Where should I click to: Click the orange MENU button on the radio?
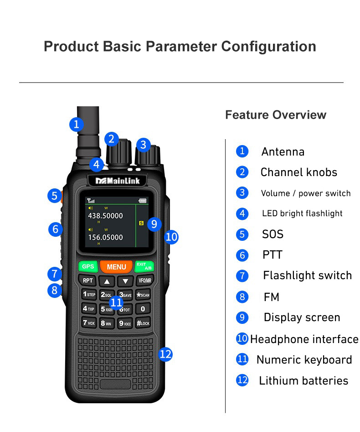[x=116, y=267]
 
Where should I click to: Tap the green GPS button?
[x=88, y=266]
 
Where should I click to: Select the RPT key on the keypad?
[x=88, y=281]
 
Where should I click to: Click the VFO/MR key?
[x=144, y=281]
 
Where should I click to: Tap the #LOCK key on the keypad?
[x=143, y=323]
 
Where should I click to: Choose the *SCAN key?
[x=143, y=295]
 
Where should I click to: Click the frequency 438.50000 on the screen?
[x=105, y=215]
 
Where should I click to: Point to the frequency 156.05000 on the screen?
[x=105, y=237]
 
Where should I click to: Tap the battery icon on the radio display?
[x=143, y=200]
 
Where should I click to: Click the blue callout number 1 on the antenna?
[x=77, y=124]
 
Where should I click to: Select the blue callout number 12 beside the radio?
[x=165, y=354]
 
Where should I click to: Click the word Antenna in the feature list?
[x=283, y=152]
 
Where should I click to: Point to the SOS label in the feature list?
[x=273, y=234]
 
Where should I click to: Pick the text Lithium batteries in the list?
[x=303, y=381]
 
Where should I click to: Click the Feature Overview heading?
[x=276, y=115]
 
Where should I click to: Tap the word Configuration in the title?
[x=268, y=47]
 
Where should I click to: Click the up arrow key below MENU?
[x=107, y=281]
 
